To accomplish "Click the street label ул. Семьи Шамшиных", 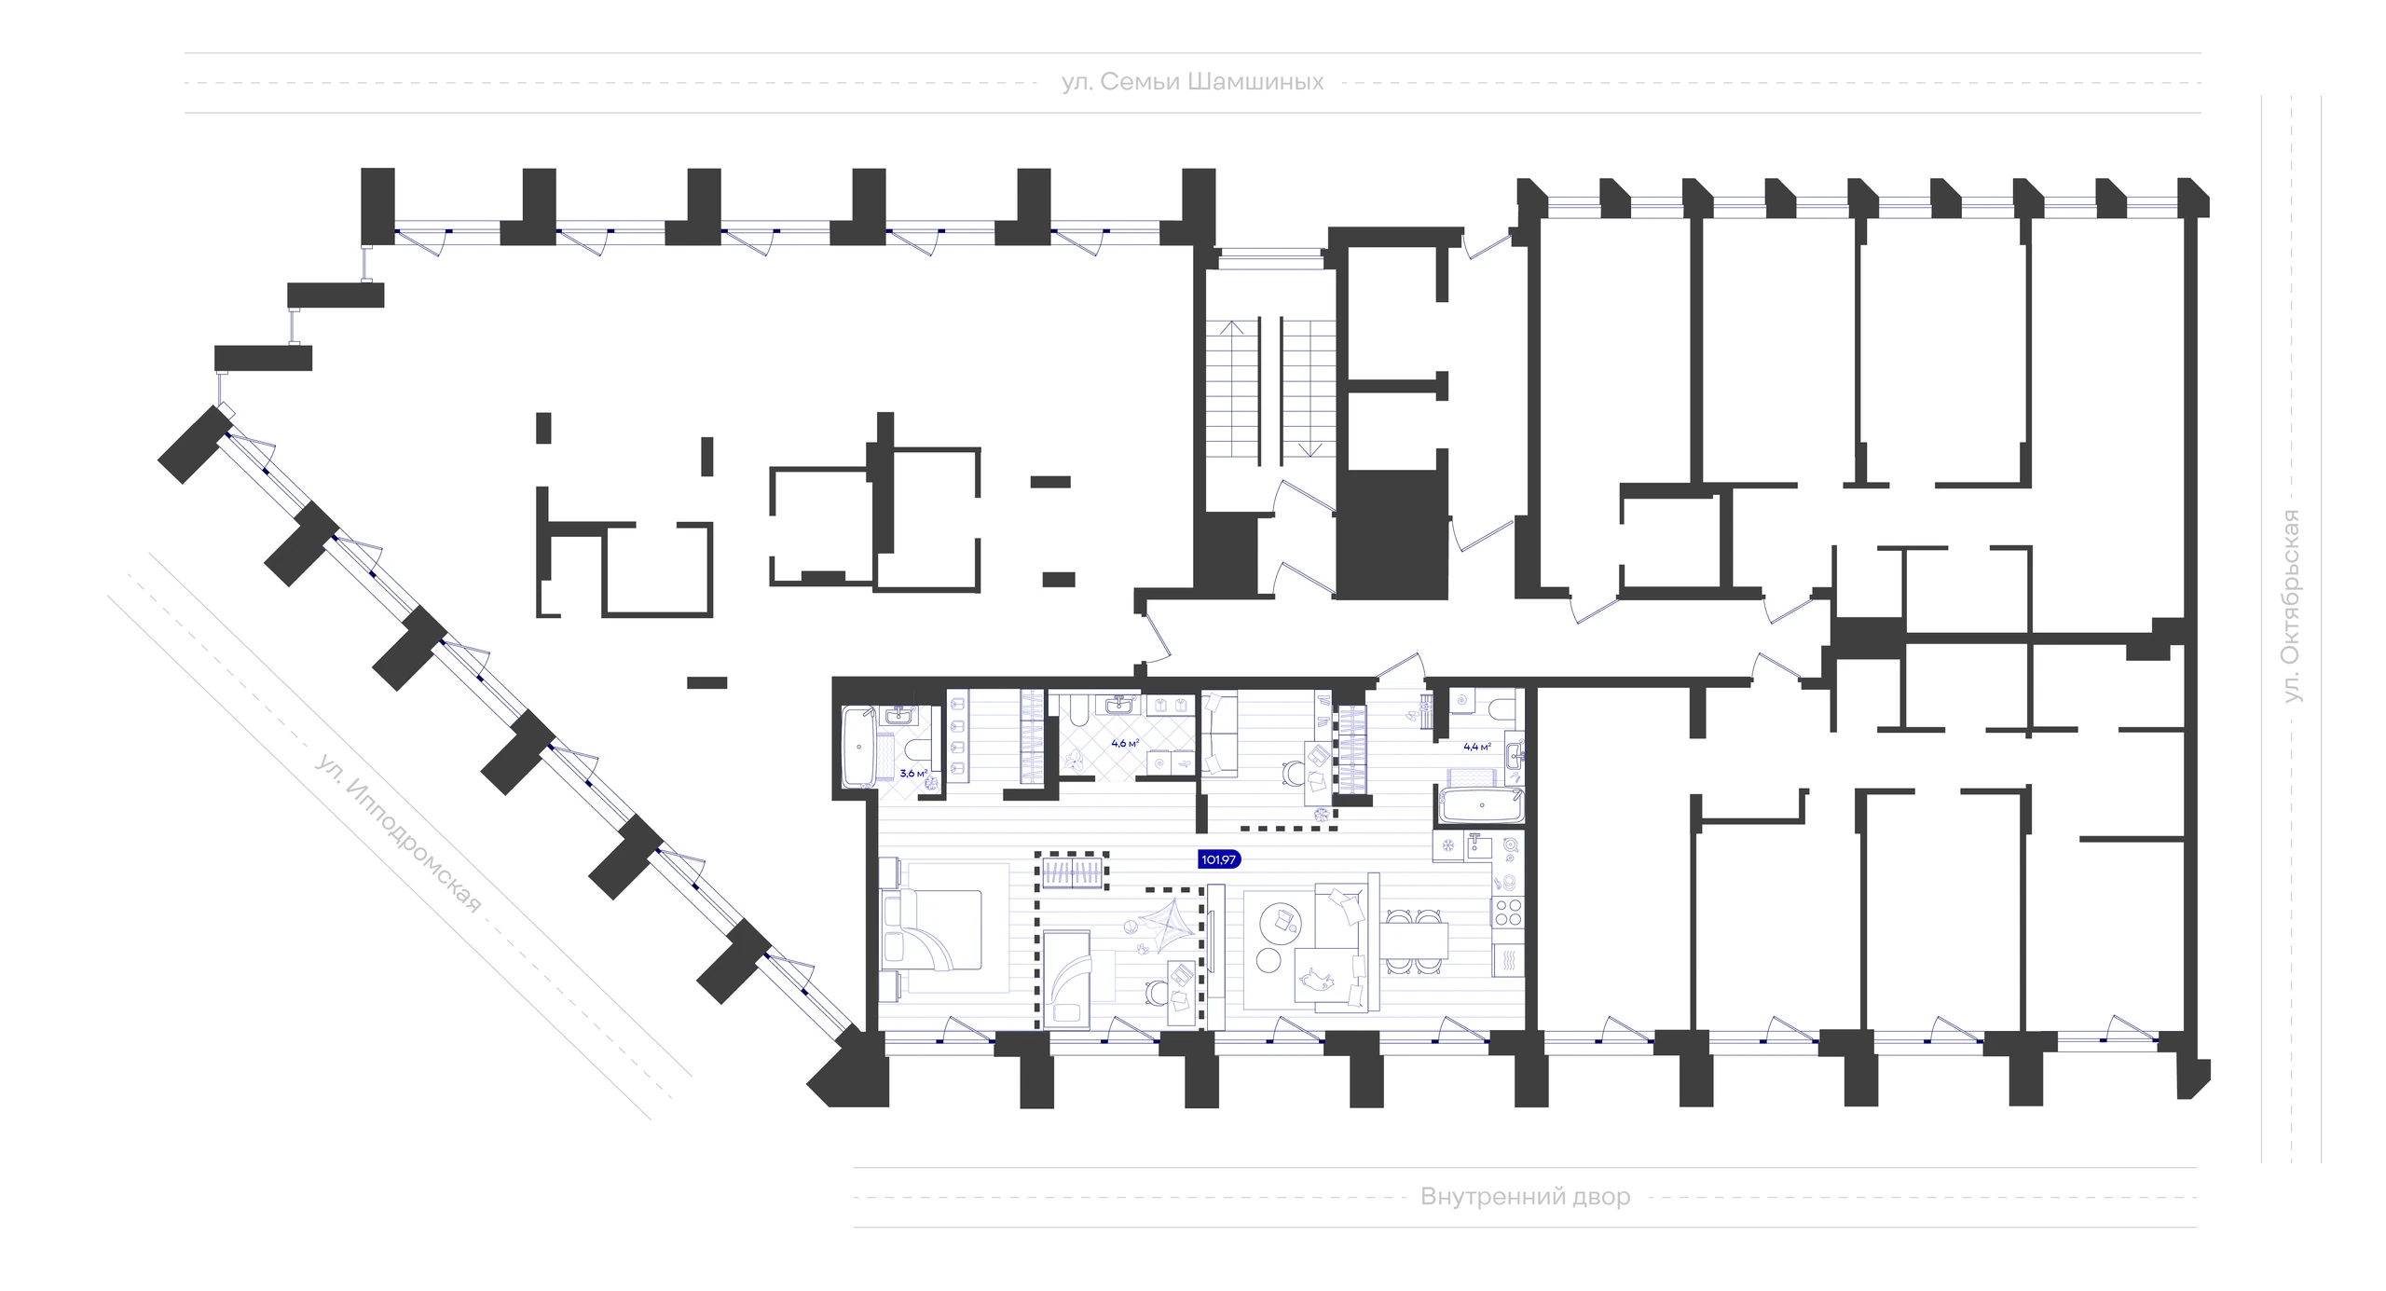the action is (1192, 83).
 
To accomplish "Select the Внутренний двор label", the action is (1526, 1196).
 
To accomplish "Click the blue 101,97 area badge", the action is (1219, 859).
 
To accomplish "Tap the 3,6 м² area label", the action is (913, 773).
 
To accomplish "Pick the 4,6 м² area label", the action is (1125, 744).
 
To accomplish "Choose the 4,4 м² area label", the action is (1477, 746).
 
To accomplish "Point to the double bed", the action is (932, 941).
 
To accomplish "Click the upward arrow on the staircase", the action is (1235, 387).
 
